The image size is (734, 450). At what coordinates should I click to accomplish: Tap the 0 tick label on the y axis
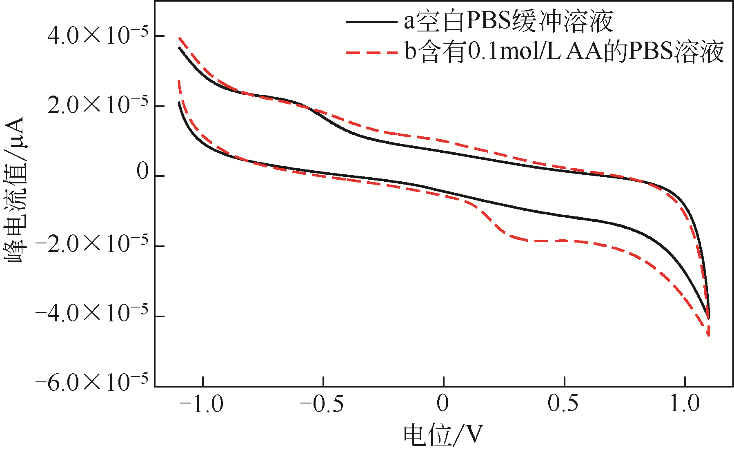pos(143,172)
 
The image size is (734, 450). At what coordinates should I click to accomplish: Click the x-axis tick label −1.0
pos(202,404)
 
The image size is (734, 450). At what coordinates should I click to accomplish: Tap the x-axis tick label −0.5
pos(322,404)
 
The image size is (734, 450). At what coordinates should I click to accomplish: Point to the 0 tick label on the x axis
pos(443,403)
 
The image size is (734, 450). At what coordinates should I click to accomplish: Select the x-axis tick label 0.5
pos(563,403)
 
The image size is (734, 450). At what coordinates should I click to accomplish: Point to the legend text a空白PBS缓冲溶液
pos(508,21)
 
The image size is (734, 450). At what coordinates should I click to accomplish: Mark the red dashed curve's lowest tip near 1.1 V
pos(709,336)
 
